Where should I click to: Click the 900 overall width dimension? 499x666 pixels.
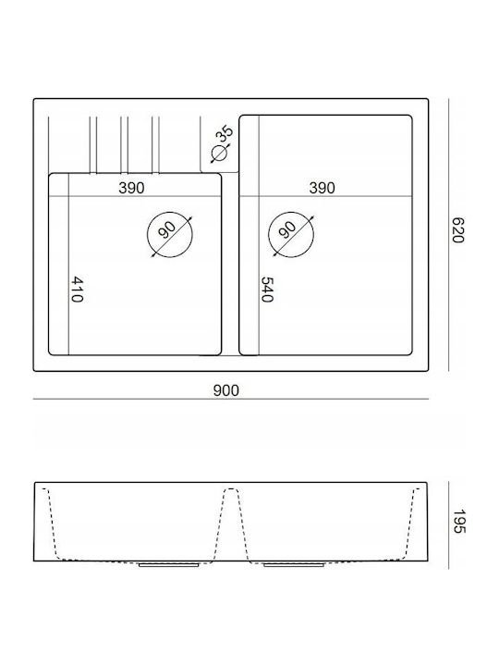(226, 390)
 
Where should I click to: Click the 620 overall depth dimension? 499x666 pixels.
(457, 229)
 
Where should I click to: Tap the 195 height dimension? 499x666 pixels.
(458, 522)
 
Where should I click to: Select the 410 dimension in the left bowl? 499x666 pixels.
(77, 290)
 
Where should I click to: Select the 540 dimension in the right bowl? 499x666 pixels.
(267, 290)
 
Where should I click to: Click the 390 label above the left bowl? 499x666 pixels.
(131, 188)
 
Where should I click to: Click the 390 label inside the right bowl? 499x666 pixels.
(323, 188)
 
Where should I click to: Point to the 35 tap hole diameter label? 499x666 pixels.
(225, 133)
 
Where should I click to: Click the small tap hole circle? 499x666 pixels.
(219, 154)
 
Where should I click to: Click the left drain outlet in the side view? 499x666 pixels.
(169, 565)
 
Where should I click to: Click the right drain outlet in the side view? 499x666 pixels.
(294, 565)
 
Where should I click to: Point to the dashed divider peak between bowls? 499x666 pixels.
(231, 489)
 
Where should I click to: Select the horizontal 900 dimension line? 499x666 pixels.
(231, 400)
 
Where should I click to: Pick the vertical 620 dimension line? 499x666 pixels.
(449, 235)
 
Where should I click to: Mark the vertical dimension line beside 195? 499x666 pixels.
(449, 525)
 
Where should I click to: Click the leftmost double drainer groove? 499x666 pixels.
(93, 145)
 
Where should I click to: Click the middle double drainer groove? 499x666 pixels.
(125, 145)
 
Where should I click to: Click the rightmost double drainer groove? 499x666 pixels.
(155, 145)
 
